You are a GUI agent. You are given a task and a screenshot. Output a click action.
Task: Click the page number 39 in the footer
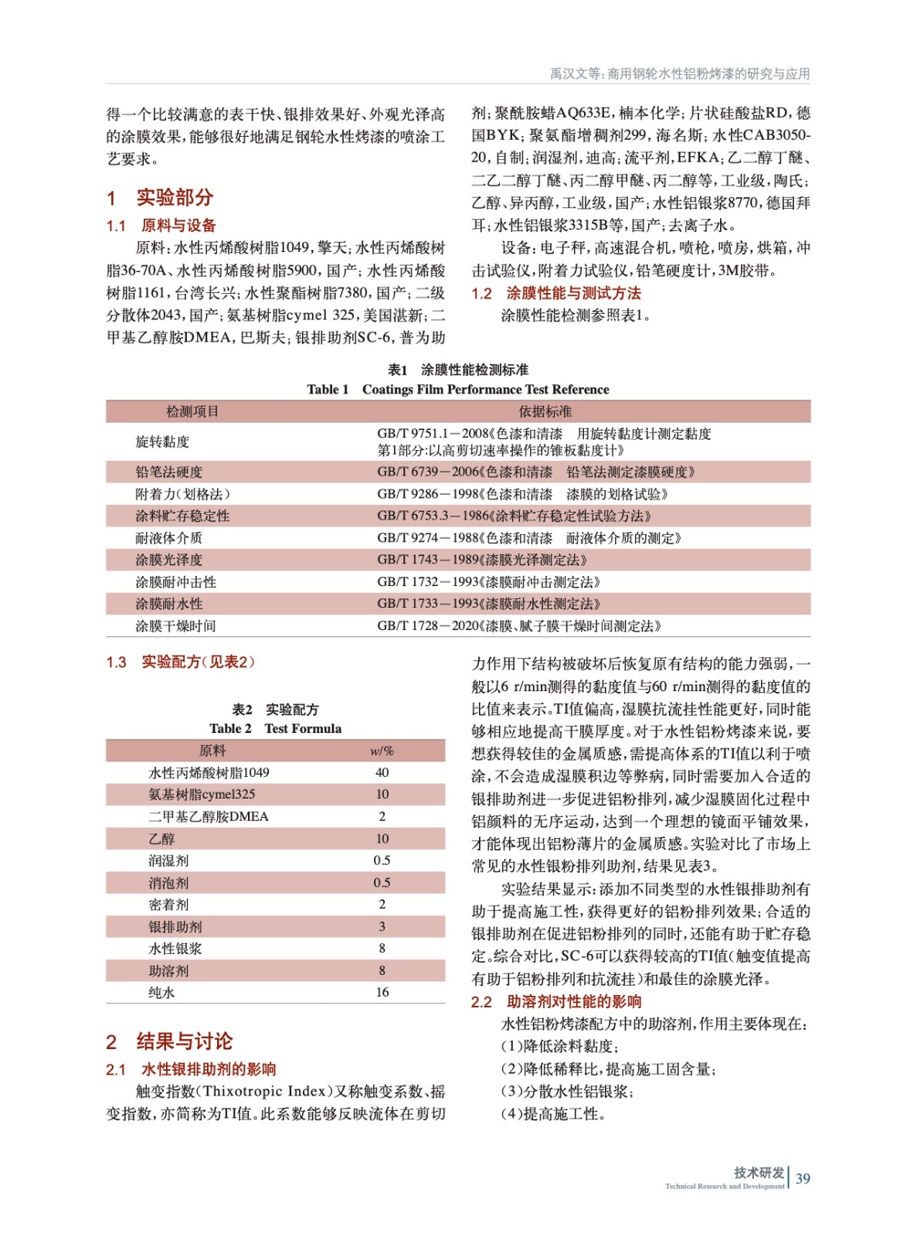pos(803,1178)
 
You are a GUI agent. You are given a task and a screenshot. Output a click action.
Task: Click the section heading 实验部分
pos(174,198)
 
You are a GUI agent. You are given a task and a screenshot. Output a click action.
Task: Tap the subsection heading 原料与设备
pos(178,226)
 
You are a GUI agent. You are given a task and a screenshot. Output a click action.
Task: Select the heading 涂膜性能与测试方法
pos(573,293)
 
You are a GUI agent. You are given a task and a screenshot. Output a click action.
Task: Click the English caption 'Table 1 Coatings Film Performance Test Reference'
pos(457,390)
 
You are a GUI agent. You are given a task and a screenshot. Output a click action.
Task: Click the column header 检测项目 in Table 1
pos(192,411)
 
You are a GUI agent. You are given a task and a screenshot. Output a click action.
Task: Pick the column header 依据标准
pos(545,411)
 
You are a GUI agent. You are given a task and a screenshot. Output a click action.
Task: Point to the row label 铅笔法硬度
pos(168,472)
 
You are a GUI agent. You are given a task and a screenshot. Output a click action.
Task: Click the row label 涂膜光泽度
pos(168,560)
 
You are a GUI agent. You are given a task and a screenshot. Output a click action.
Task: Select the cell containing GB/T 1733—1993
pos(488,604)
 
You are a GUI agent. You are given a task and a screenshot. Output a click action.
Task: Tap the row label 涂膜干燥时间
pos(175,626)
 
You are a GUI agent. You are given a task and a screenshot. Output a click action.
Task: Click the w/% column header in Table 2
pos(382,751)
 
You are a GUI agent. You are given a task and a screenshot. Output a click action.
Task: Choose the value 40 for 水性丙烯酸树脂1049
pos(382,772)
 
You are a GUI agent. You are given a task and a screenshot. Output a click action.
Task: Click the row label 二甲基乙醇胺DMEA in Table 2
pos(208,816)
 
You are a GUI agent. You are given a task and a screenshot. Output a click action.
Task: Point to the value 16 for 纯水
pos(382,992)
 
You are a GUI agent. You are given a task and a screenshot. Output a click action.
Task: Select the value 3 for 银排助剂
pos(382,926)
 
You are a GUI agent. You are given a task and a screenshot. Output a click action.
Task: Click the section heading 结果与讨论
pos(184,1041)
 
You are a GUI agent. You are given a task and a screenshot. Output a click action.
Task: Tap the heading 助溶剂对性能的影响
pos(574,1002)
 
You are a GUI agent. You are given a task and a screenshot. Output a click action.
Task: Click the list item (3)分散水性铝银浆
pos(567,1092)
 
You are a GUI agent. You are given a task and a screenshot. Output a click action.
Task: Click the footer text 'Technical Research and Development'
pos(724,1186)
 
